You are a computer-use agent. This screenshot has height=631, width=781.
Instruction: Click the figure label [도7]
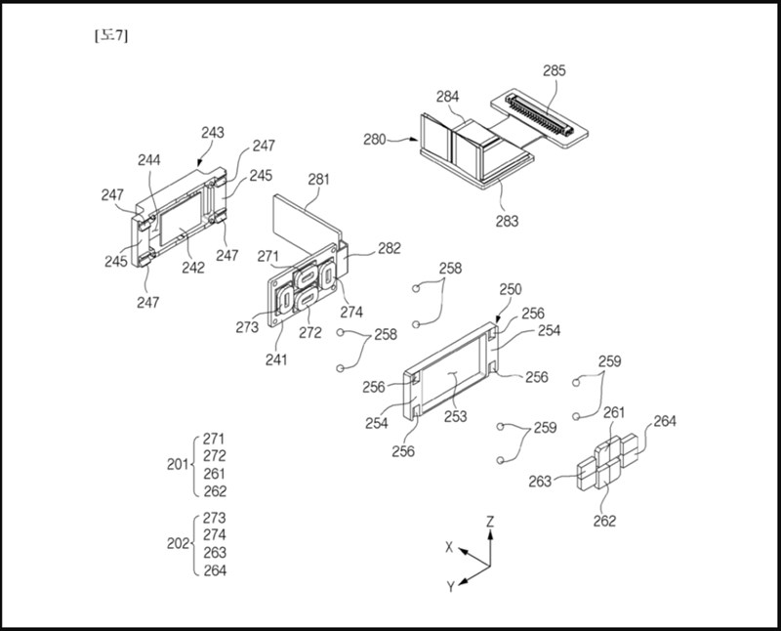[x=109, y=36]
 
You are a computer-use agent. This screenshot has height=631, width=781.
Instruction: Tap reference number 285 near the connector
[x=554, y=71]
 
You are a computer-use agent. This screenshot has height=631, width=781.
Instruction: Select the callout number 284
[x=448, y=98]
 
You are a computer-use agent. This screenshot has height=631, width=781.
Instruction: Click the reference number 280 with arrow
[x=376, y=139]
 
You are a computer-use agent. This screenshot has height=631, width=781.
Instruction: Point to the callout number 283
[x=507, y=221]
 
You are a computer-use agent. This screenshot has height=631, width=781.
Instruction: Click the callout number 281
[x=318, y=180]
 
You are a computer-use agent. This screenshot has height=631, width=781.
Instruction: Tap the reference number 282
[x=389, y=250]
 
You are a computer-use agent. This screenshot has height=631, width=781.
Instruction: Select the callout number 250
[x=511, y=290]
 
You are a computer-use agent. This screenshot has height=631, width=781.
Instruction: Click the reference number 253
[x=454, y=416]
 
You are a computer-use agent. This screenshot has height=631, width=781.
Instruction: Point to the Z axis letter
[x=490, y=522]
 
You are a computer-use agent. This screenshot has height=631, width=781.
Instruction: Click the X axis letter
[x=449, y=547]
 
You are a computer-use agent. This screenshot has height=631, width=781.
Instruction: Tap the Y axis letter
[x=450, y=586]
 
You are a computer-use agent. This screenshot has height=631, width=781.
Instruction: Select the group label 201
[x=178, y=465]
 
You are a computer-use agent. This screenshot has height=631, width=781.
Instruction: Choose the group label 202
[x=178, y=544]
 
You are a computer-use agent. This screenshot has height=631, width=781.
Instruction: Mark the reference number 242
[x=193, y=268]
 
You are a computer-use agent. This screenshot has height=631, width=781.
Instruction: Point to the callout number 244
[x=149, y=159]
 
